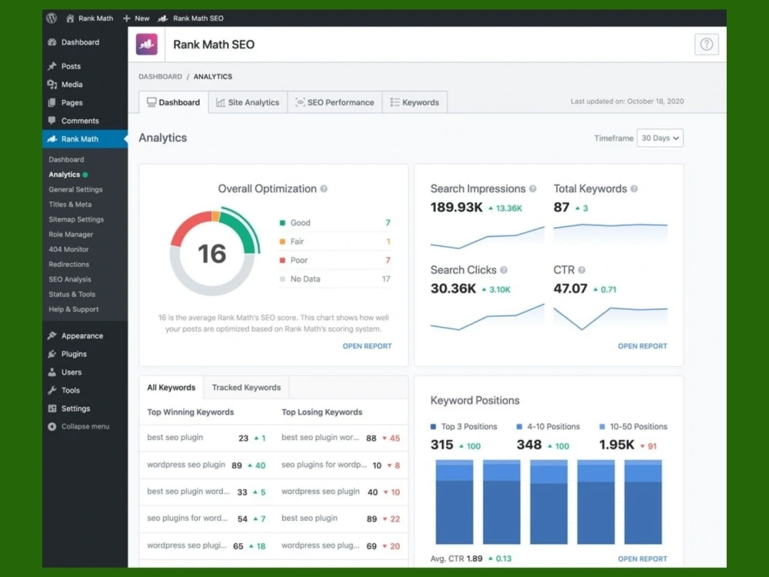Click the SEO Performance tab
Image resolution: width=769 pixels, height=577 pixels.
coord(335,102)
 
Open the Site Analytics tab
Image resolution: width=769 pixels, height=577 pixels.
coord(248,102)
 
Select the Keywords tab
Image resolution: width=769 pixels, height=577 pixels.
coord(414,102)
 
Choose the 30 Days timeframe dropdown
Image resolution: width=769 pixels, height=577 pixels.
coord(660,138)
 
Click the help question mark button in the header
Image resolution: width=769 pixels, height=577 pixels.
coord(706,44)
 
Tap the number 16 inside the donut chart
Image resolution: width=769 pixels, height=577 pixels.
coord(212,254)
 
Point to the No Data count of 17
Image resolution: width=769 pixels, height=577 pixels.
coord(386,278)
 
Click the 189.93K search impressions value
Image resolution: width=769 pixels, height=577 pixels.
coord(456,208)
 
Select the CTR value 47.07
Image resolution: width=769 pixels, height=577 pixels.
coord(570,288)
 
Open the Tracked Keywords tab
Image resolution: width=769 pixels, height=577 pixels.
coord(246,388)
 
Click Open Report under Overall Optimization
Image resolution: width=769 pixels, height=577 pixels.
coord(367,346)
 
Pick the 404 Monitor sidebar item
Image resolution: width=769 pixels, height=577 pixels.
coord(68,249)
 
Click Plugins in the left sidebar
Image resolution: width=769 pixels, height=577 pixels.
coord(74,354)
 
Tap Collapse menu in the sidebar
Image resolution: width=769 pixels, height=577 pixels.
coord(78,426)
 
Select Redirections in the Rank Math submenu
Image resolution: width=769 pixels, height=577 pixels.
coord(68,264)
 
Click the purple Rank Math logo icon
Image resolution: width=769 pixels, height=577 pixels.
coord(147,44)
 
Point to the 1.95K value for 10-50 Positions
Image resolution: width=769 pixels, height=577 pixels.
coord(617,445)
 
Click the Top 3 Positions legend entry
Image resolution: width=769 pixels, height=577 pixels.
coord(464,426)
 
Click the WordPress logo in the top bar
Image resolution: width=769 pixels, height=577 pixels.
coord(52,18)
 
